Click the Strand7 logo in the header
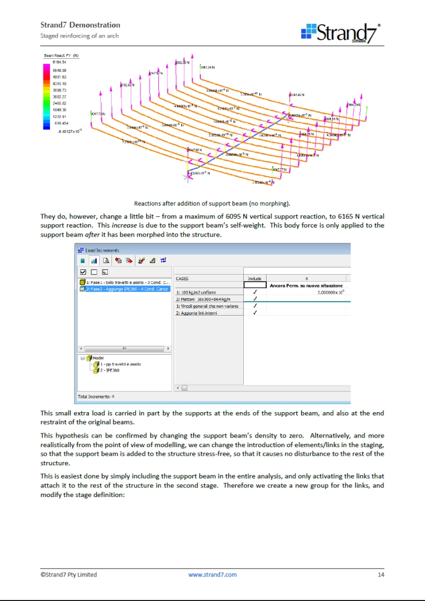(341, 33)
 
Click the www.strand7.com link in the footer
(212, 574)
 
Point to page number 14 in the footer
(381, 574)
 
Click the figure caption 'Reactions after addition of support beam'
(212, 203)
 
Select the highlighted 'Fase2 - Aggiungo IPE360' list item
(127, 289)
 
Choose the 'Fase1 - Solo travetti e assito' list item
(127, 282)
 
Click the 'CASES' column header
(182, 278)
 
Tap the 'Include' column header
(254, 278)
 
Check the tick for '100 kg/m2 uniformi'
(255, 292)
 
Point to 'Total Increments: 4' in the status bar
(96, 396)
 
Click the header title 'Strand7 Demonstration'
(80, 25)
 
